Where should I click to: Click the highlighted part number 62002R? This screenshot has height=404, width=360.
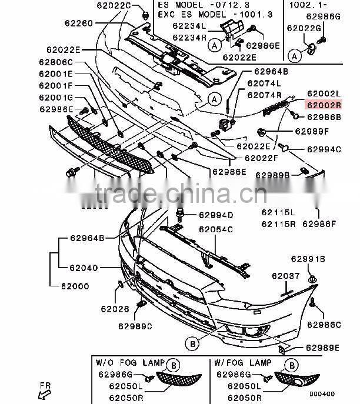click(x=323, y=105)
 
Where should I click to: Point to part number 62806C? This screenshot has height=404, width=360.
click(x=56, y=62)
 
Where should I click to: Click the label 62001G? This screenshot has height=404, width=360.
click(x=56, y=97)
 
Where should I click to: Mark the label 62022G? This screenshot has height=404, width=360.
click(x=304, y=28)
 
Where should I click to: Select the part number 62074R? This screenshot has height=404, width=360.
click(x=264, y=95)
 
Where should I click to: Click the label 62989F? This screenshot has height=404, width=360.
click(x=312, y=131)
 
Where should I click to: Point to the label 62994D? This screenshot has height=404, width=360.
click(x=216, y=215)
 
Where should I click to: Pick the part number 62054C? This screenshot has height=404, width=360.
click(x=216, y=229)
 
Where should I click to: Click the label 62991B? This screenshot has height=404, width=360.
click(x=308, y=259)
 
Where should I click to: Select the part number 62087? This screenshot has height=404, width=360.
click(x=285, y=275)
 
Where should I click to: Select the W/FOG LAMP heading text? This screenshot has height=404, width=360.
click(x=243, y=363)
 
